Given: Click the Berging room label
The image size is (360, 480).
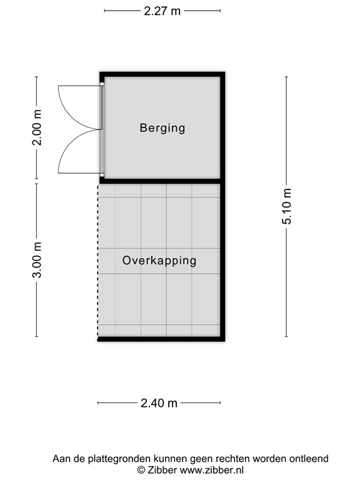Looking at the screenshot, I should point(162,128).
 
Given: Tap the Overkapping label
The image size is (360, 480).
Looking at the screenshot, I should point(159,261).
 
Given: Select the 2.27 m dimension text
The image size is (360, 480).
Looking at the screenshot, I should point(162,11).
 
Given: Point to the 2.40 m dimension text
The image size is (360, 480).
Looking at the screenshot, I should point(160,403).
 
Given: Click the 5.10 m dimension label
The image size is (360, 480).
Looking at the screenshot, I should point(287,206).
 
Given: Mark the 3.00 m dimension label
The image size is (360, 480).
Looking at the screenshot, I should point(37,260).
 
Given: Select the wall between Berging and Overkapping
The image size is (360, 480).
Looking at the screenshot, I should point(161,181).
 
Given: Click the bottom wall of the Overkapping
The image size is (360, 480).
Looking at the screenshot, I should point(161,339).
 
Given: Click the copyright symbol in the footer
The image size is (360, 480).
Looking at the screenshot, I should point(141,469).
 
